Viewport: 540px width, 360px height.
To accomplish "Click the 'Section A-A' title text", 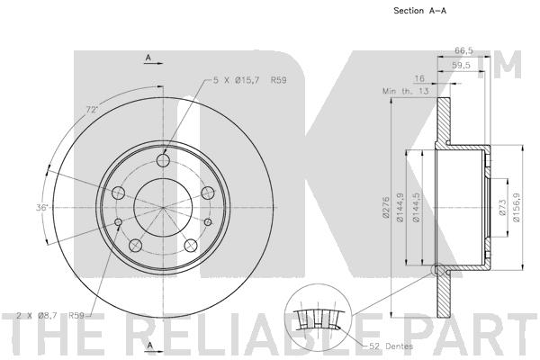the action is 419,11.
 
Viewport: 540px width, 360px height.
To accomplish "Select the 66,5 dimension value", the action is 463,50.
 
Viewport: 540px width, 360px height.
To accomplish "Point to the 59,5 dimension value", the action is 461,66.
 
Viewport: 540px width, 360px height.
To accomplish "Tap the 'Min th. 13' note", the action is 405,91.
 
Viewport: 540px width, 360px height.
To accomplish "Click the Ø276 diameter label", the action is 385,207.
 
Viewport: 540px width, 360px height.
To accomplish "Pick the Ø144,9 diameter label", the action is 400,207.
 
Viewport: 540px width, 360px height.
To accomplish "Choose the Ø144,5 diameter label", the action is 417,207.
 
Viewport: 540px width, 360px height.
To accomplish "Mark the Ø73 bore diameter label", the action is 502,207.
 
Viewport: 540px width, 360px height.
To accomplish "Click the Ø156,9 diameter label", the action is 517,207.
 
